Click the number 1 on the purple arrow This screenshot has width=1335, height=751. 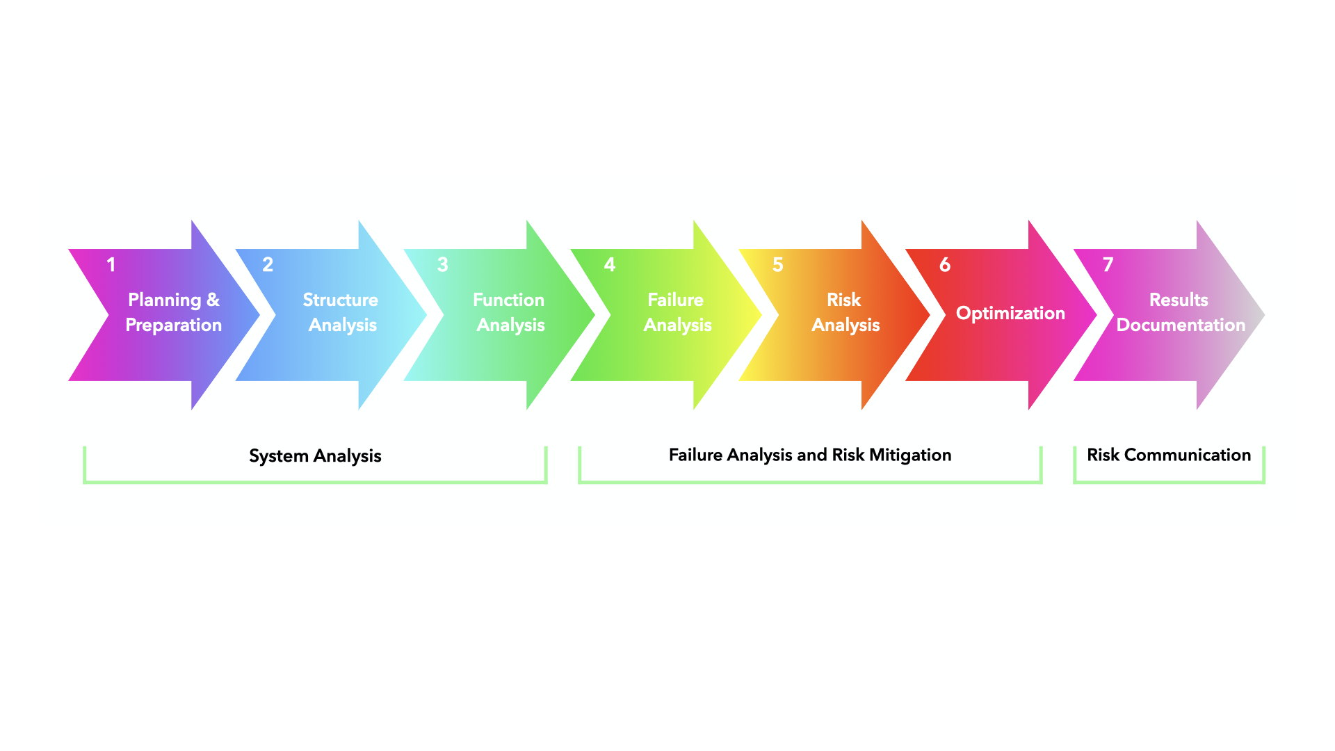(x=111, y=264)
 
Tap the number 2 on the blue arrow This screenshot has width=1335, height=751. (x=268, y=264)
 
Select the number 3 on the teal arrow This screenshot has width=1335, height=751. (x=442, y=264)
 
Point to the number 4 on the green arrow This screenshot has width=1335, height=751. (x=610, y=264)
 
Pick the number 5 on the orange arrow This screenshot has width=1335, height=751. (x=778, y=264)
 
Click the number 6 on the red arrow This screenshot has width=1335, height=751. (x=945, y=264)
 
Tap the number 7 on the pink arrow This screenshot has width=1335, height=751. (x=1108, y=264)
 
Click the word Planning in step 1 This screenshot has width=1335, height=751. (x=165, y=300)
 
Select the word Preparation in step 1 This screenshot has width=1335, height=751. (x=174, y=325)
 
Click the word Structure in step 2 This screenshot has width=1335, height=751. (x=341, y=300)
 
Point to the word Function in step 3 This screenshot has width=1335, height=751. (x=509, y=300)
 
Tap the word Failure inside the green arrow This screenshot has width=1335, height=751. (x=676, y=300)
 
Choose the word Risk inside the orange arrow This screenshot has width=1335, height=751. (x=844, y=300)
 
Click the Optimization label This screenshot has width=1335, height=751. (x=1011, y=314)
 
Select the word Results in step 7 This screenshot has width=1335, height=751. (x=1179, y=300)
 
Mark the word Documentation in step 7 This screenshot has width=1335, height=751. (x=1181, y=325)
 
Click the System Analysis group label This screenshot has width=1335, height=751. (x=315, y=456)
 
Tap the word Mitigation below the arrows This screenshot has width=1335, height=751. (x=910, y=455)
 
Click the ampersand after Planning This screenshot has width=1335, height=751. (x=213, y=300)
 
